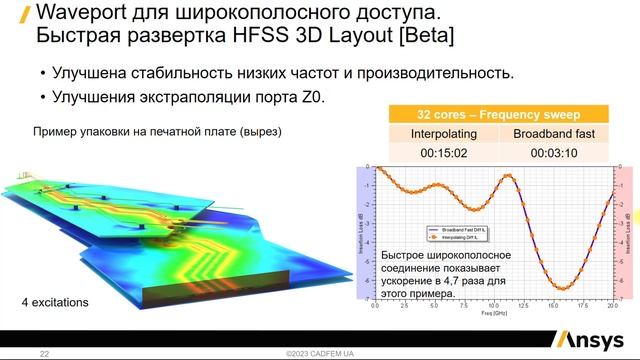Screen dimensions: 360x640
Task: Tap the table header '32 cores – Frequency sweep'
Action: click(x=497, y=113)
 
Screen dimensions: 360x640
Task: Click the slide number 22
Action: click(x=44, y=354)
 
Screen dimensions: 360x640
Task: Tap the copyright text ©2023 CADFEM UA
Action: click(x=320, y=354)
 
